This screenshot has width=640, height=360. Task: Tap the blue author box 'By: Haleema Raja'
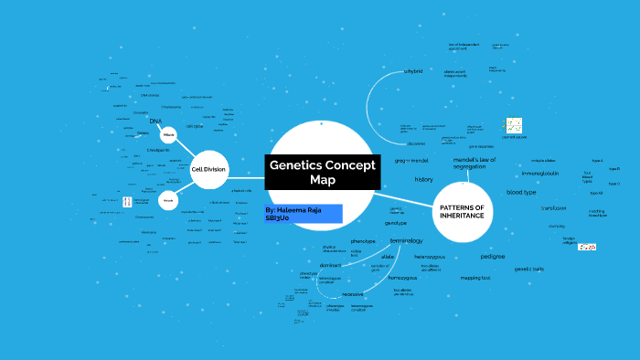click(x=303, y=214)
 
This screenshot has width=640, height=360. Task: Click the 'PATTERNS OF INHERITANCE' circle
click(x=461, y=210)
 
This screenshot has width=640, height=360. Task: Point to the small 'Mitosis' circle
click(x=168, y=134)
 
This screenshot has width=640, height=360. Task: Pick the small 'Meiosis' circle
click(x=167, y=199)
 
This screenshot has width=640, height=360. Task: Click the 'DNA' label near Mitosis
click(x=156, y=122)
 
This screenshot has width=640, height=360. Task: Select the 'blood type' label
click(x=521, y=193)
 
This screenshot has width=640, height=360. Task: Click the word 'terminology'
click(x=406, y=239)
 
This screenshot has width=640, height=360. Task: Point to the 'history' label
click(x=423, y=179)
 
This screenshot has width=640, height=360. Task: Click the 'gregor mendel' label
click(x=411, y=161)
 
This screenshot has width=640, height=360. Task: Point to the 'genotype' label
click(x=395, y=222)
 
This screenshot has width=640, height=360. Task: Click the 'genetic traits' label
click(x=528, y=269)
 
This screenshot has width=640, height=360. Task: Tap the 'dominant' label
click(x=330, y=264)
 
